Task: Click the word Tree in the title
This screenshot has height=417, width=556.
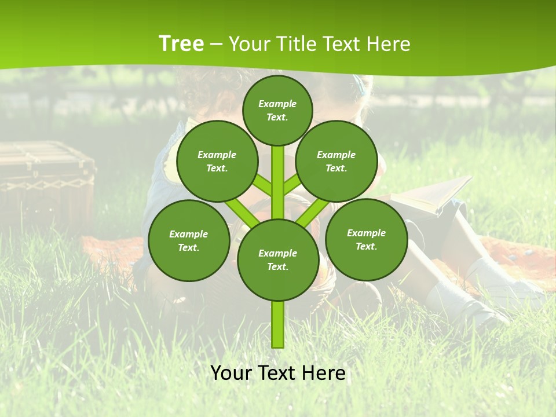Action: coord(181,43)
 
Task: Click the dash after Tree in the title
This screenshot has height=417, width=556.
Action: coord(216,45)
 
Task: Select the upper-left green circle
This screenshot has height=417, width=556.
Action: coord(217,161)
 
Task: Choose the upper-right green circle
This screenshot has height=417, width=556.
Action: coord(336,161)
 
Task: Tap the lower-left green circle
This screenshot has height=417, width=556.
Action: coord(189,240)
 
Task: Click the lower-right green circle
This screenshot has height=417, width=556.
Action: coord(366,239)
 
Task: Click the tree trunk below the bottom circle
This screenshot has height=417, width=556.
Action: coord(278,324)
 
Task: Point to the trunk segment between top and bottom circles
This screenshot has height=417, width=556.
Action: coord(278,182)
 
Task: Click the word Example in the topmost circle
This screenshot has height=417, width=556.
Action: coord(277,104)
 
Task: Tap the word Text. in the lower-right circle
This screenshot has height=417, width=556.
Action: coord(366,246)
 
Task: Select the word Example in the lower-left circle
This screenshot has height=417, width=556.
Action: coord(188,234)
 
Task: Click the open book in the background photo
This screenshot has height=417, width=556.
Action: coord(431,194)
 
